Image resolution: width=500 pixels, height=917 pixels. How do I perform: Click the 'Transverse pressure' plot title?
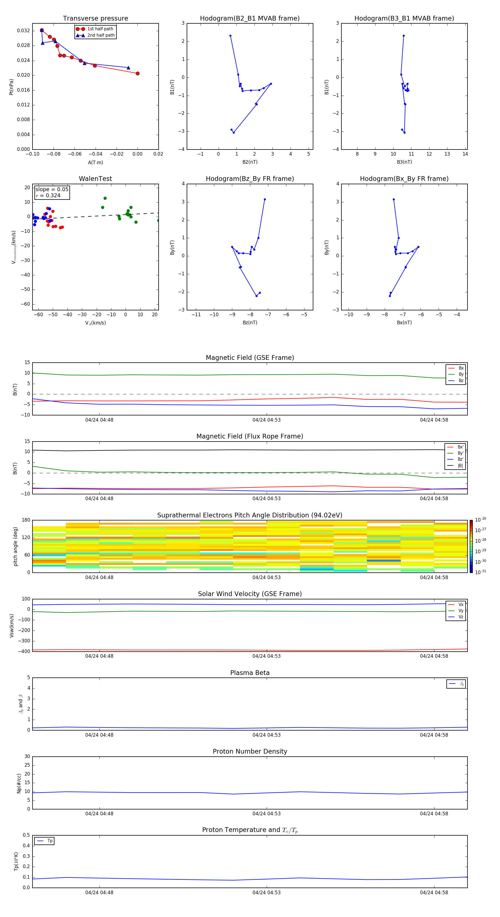pyautogui.click(x=95, y=19)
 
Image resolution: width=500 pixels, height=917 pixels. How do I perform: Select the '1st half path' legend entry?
pyautogui.click(x=100, y=29)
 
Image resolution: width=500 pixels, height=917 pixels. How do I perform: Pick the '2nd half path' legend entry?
pyautogui.click(x=101, y=35)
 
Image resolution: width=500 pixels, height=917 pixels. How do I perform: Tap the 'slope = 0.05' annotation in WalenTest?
pyautogui.click(x=52, y=190)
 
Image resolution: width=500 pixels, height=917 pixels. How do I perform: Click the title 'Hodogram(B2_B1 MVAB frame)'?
pyautogui.click(x=249, y=19)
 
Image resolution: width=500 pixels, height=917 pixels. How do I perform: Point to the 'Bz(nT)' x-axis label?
pyautogui.click(x=250, y=323)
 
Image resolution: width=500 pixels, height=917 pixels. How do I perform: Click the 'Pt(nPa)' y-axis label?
pyautogui.click(x=11, y=87)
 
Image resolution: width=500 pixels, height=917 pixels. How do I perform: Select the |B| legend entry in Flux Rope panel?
pyautogui.click(x=460, y=466)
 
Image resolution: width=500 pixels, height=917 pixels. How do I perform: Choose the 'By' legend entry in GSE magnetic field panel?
pyautogui.click(x=461, y=374)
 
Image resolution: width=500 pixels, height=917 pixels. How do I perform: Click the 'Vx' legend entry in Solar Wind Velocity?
pyautogui.click(x=461, y=604)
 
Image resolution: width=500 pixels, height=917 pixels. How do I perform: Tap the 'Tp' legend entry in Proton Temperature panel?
pyautogui.click(x=50, y=841)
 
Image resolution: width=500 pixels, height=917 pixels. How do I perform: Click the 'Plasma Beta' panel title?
pyautogui.click(x=250, y=673)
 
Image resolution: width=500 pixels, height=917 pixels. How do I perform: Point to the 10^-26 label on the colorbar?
pyautogui.click(x=481, y=520)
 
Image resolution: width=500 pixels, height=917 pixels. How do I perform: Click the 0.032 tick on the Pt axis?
pyautogui.click(x=24, y=31)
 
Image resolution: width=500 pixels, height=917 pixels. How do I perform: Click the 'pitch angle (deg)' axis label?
pyautogui.click(x=15, y=546)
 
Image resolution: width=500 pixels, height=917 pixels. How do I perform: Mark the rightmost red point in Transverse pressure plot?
pyautogui.click(x=137, y=73)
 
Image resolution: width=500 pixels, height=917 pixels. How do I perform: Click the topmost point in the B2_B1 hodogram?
pyautogui.click(x=230, y=36)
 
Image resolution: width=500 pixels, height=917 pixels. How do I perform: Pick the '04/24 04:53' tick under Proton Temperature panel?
pyautogui.click(x=267, y=893)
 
